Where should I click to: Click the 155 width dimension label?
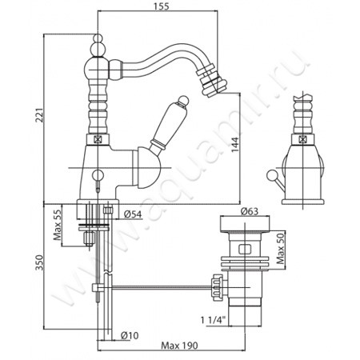click(162, 6)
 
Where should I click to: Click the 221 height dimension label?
click(40, 115)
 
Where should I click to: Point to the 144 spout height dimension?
click(234, 145)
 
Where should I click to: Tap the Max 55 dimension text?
click(58, 225)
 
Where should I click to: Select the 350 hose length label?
click(39, 262)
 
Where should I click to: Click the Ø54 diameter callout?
click(134, 214)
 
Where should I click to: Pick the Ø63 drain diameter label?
click(250, 211)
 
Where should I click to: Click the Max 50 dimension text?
click(281, 248)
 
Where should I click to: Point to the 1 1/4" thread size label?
click(214, 320)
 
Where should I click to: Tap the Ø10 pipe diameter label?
click(130, 335)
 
